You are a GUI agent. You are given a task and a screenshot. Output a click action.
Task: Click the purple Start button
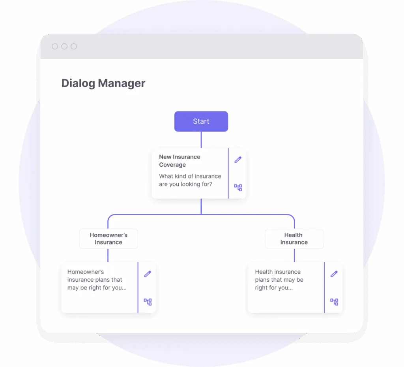pos(201,121)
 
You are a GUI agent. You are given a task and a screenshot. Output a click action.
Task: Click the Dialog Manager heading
pos(103,83)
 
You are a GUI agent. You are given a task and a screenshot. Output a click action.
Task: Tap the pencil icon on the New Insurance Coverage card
pos(238,160)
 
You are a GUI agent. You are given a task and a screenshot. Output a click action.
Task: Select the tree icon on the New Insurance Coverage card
pos(238,188)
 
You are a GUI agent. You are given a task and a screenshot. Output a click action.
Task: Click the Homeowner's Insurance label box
pos(108,239)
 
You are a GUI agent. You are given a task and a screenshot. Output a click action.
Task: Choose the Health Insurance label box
pos(294,239)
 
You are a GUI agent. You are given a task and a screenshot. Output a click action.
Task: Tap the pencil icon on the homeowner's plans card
pos(148,274)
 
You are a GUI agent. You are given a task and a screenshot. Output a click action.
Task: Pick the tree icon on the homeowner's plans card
pos(148,302)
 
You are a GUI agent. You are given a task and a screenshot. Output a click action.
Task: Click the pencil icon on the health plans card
pos(334,274)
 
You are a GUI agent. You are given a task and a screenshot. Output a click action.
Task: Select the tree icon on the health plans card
pos(334,302)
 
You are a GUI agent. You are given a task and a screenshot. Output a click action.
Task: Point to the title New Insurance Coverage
pos(180,161)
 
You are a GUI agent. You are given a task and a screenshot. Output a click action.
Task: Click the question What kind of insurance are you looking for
pos(190,180)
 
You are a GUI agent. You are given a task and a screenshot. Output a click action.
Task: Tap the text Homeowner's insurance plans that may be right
pos(97,280)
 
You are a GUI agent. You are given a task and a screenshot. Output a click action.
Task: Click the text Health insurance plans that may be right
pos(279,280)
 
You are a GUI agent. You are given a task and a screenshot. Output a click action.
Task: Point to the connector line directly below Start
pos(201,140)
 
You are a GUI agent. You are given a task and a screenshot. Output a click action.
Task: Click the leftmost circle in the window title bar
pos(55,47)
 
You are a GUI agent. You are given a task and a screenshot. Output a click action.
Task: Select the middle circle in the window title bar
pos(64,47)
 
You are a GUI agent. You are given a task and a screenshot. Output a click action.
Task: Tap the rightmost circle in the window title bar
pos(74,47)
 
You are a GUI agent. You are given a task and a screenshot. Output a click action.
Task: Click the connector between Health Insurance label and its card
pos(294,255)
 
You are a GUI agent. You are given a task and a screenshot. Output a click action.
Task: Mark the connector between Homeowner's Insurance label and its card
pos(108,255)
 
